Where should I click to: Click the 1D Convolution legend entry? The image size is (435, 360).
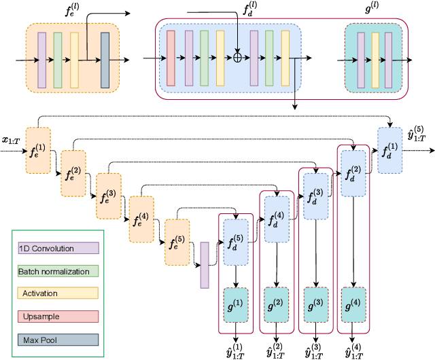point(58,249)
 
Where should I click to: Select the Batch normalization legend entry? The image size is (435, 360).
point(58,271)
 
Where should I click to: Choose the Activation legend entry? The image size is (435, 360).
point(58,293)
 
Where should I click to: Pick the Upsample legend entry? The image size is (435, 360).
point(58,316)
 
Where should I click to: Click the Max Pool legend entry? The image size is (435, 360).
point(58,338)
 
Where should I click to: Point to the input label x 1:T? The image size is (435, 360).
point(11,140)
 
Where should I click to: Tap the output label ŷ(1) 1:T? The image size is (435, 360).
point(236,349)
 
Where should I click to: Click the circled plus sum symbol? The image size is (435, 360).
point(237,59)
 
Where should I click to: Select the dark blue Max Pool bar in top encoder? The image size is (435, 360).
point(105,60)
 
